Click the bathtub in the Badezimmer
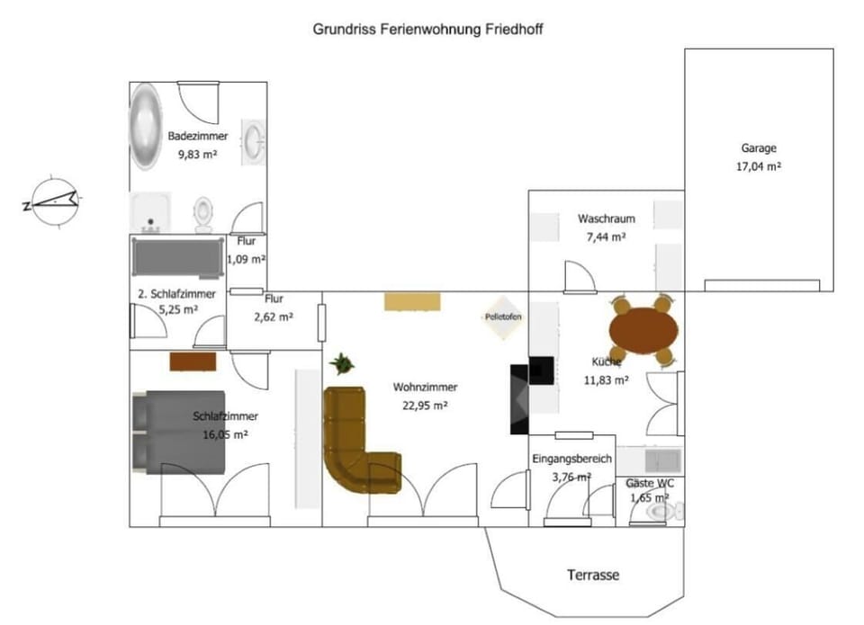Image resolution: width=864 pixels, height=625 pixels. (x=147, y=126)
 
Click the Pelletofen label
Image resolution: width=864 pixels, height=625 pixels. (x=503, y=317)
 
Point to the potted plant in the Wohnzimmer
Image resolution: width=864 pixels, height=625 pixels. (x=342, y=364)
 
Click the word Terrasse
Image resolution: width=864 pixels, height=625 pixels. (x=593, y=575)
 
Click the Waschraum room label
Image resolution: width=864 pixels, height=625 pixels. (x=607, y=219)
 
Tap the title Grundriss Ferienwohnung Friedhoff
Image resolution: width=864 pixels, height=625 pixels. (x=427, y=29)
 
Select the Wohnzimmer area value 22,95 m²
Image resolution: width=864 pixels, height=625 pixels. (x=425, y=405)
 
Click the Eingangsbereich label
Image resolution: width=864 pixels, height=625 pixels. (x=571, y=459)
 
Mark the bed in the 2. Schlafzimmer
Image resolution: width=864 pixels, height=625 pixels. (x=177, y=257)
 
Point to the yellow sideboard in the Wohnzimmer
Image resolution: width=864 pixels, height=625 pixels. (x=413, y=301)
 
